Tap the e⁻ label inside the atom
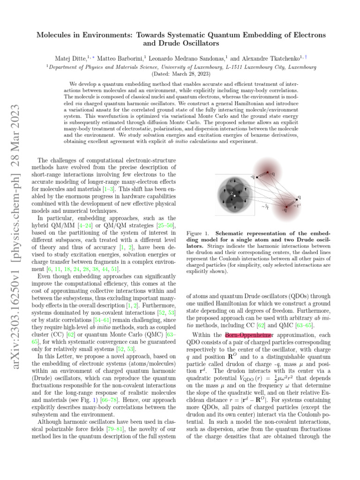coord(231,180)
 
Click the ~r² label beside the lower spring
coord(297,205)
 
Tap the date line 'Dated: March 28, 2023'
coord(180,74)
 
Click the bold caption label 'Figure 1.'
coord(199,233)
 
